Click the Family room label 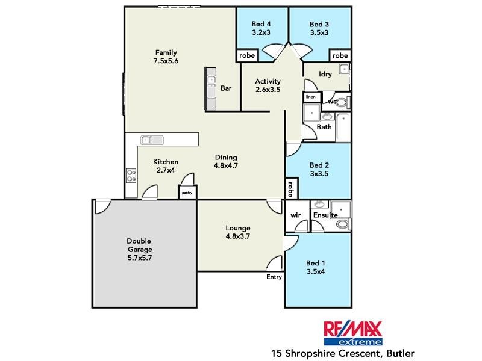pyautogui.click(x=166, y=56)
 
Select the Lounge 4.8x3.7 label pyautogui.click(x=237, y=232)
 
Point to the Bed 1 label pyautogui.click(x=316, y=267)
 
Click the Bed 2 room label pyautogui.click(x=318, y=169)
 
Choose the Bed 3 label pyautogui.click(x=319, y=28)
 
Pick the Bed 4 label pyautogui.click(x=261, y=28)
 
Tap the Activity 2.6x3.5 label pyautogui.click(x=268, y=85)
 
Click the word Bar pyautogui.click(x=227, y=88)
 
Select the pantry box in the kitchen pyautogui.click(x=186, y=192)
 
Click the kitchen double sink pyautogui.click(x=152, y=140)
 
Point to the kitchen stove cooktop pyautogui.click(x=131, y=175)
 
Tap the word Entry pyautogui.click(x=274, y=277)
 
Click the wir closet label pyautogui.click(x=296, y=215)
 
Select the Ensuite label pyautogui.click(x=325, y=215)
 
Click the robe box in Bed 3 pyautogui.click(x=340, y=55)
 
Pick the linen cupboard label pyautogui.click(x=311, y=97)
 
